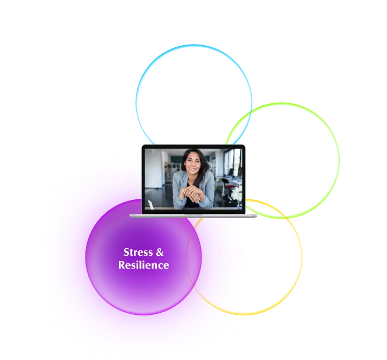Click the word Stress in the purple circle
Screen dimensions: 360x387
136,253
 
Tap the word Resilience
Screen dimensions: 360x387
144,265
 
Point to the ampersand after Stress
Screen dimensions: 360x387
159,253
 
